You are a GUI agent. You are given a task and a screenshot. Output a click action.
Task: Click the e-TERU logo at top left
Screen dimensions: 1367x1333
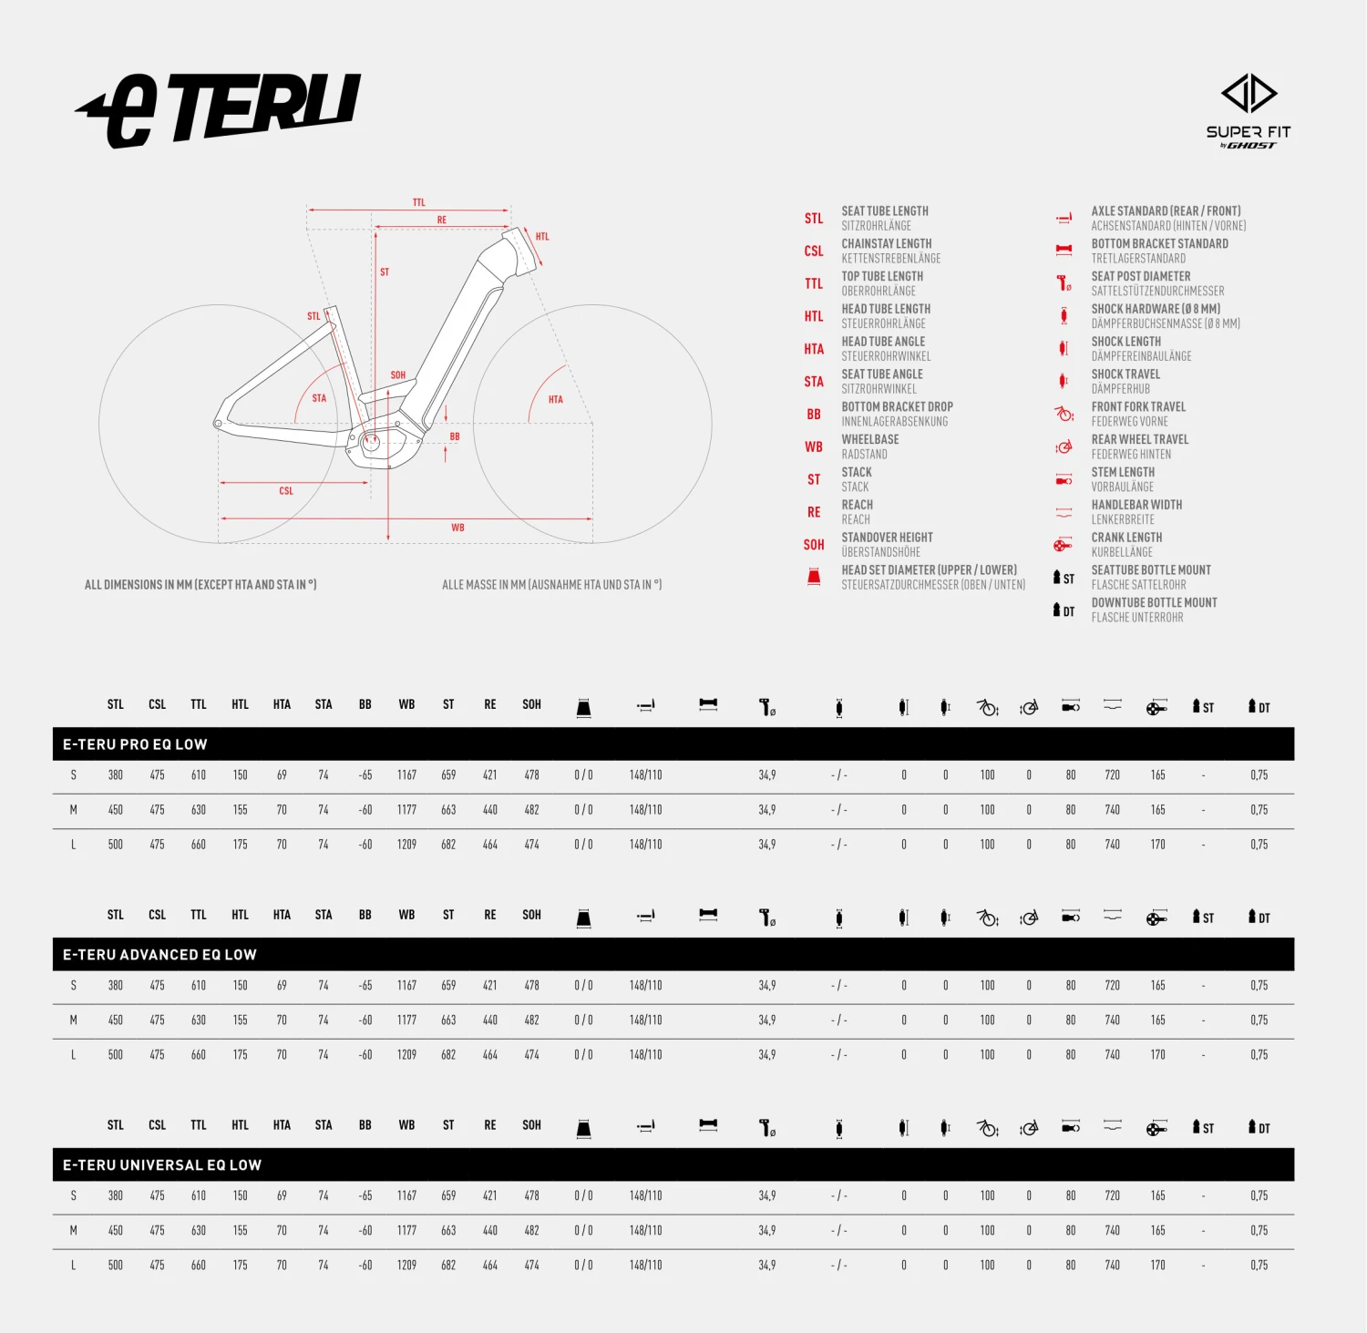click(219, 110)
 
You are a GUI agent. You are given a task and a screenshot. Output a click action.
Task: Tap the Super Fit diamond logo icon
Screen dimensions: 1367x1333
click(1249, 93)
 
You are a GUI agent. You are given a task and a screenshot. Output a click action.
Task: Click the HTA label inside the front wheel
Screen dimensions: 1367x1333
click(556, 399)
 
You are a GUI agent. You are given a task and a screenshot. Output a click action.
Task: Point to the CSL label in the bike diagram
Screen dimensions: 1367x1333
click(286, 490)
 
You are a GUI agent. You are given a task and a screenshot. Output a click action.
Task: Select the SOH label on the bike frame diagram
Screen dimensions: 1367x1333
click(398, 374)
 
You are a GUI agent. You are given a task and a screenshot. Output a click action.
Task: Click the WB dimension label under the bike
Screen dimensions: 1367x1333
click(457, 528)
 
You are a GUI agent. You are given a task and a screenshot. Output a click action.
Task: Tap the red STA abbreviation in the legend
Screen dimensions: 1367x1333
click(814, 382)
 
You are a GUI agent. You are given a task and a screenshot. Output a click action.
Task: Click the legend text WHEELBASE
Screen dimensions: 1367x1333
click(870, 439)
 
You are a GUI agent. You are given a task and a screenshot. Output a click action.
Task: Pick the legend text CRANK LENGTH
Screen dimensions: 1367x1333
click(1126, 538)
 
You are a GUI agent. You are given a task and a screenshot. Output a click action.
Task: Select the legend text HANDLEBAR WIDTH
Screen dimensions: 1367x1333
click(1136, 505)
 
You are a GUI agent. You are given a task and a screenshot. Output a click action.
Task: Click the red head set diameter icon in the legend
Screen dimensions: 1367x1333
click(814, 577)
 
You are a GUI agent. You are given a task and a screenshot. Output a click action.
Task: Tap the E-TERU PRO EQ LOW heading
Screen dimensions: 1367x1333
click(135, 744)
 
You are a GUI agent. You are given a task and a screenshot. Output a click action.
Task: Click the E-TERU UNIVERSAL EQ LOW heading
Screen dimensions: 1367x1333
click(162, 1165)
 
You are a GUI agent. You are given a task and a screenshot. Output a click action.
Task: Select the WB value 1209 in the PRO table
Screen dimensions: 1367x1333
click(406, 845)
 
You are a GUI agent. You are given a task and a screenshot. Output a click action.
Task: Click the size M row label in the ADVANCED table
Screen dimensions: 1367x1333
click(74, 1020)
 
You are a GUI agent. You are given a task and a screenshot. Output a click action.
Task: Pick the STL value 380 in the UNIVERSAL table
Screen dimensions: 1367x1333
click(116, 1195)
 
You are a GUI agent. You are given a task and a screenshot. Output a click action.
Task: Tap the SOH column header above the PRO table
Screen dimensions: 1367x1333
click(532, 704)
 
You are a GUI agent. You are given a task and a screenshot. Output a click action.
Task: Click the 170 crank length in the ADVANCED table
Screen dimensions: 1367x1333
click(1157, 1054)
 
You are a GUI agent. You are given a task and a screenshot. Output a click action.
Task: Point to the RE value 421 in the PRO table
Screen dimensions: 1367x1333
click(490, 774)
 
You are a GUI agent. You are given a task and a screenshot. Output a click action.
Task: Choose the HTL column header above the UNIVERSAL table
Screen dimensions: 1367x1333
click(241, 1125)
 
